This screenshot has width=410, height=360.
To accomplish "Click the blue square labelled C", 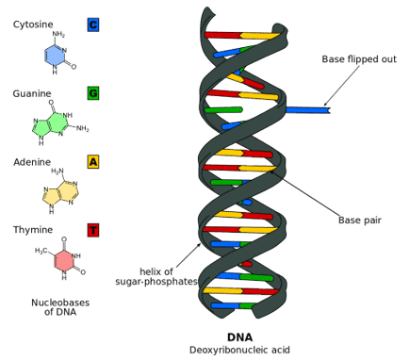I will coord(92,25).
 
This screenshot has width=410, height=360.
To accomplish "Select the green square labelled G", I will coord(92,93).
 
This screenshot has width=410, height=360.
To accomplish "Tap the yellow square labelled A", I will coord(92,162).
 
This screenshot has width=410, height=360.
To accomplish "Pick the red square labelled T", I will coord(92,230).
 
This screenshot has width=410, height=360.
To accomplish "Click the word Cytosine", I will coord(33,25).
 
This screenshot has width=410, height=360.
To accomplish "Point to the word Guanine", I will coord(32,93).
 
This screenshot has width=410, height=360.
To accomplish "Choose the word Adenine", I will coord(32,162).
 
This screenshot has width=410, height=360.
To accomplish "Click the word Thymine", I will coord(33,230).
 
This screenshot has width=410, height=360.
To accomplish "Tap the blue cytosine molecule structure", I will coord(56,55).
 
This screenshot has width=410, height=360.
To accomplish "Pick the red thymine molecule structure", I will coord(63,260).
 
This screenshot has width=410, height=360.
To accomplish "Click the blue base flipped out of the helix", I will coord(307,110).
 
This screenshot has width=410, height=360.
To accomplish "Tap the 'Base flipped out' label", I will coord(359,58).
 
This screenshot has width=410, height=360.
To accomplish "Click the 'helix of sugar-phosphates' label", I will coord(156,276).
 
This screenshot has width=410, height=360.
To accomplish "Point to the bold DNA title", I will coord(239,336).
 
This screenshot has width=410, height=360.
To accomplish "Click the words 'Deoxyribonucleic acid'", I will coord(239,350).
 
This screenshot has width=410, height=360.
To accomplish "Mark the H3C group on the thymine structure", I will coord(41,251).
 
